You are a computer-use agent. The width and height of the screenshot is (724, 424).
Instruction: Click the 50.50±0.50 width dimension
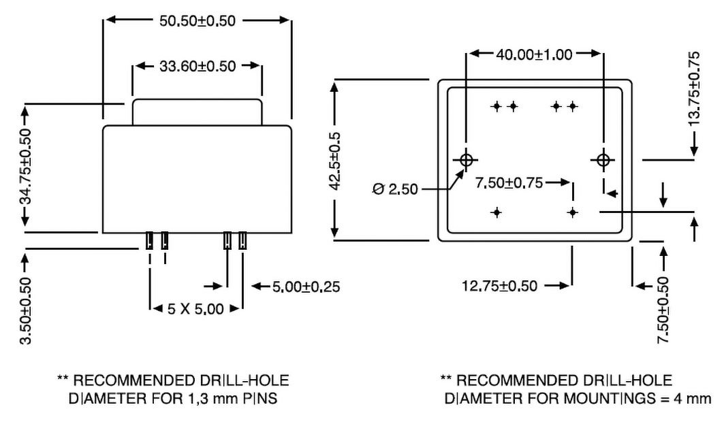click(198, 21)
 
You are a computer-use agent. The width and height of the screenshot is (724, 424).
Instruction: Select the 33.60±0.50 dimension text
click(198, 67)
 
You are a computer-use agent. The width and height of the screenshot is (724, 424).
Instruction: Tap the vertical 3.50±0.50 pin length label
click(26, 310)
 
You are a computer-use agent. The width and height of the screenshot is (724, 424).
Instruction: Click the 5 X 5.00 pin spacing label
click(195, 310)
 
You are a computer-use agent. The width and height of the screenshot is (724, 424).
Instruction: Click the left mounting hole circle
click(467, 161)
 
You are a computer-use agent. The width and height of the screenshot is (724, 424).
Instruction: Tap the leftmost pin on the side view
click(149, 240)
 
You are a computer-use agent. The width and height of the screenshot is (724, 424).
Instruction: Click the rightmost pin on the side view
click(243, 240)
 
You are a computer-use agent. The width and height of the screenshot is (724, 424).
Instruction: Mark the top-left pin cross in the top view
click(497, 106)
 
